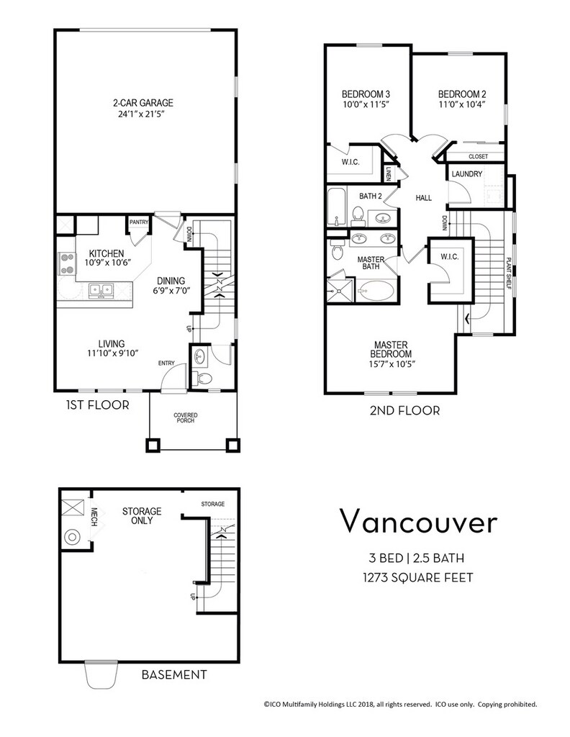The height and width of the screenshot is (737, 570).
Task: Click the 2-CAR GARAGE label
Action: point(142,102)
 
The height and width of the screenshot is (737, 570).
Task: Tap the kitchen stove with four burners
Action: point(66,263)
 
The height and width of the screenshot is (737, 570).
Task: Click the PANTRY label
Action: point(139,222)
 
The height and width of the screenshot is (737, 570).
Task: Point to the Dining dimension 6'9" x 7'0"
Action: point(171,291)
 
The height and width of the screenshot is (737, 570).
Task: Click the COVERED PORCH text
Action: point(186,418)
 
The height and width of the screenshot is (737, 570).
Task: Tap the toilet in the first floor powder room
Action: point(202,377)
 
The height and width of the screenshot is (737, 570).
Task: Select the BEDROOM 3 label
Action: point(366,94)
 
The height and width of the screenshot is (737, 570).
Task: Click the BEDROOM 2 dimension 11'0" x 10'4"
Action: point(462,105)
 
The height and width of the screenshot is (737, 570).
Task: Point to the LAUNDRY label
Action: point(466,174)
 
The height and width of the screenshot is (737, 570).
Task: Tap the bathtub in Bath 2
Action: point(336,207)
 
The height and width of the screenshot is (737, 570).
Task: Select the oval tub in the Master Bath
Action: point(376,291)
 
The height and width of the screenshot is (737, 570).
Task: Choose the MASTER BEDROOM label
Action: point(391,349)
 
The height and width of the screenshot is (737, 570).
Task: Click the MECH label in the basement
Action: point(94,517)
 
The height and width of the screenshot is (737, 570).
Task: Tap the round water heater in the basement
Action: point(73,536)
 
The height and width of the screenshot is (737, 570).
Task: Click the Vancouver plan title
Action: point(417,521)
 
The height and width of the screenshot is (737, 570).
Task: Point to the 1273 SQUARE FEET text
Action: point(417,577)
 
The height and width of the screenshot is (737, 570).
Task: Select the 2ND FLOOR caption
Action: point(404,411)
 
